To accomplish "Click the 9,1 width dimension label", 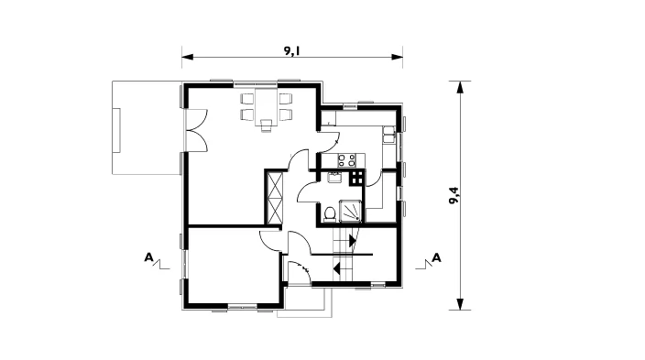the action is coord(291,50).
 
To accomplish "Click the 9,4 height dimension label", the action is coord(454,196).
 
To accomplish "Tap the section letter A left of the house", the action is coord(148,257).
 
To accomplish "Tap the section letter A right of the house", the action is coord(436,258).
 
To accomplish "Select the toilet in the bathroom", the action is coord(330,214).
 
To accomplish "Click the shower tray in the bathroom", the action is coord(351,211).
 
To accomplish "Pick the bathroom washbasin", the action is coord(333,178).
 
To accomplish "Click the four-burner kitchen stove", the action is coord(346,160).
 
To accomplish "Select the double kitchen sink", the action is coord(388,135).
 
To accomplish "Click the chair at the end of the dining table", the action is coord(266,125).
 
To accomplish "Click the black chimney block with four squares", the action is coord(356,178).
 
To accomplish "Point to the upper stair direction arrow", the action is coord(352,241).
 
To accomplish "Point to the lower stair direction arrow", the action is coord(337,268).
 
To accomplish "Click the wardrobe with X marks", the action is coord(275,198).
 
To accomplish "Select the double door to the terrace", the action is coord(197,130).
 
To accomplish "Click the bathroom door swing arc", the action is coord(302,191).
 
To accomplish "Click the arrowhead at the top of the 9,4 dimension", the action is coord(460,87).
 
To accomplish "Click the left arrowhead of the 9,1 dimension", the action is coord(188,57).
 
